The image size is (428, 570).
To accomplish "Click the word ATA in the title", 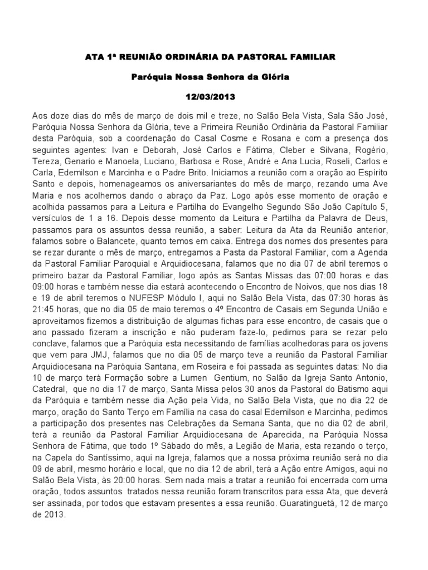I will point(91,57).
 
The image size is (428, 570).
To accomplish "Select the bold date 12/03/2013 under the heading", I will point(213,97).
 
